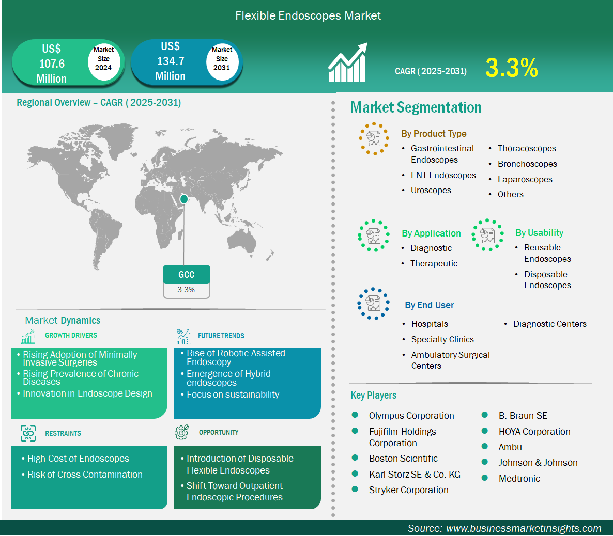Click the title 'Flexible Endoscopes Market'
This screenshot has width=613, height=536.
tap(308, 16)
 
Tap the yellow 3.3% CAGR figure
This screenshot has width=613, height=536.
tap(512, 68)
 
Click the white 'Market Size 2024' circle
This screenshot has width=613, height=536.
tap(103, 59)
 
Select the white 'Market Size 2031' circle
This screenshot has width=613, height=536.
tap(222, 59)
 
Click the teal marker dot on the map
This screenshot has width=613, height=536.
tap(183, 199)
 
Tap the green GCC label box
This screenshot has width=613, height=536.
tap(187, 275)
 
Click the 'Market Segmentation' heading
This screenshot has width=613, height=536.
tap(416, 107)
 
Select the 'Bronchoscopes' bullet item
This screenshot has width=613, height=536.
tap(527, 164)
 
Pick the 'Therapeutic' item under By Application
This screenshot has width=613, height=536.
tap(434, 264)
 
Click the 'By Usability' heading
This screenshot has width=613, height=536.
tap(539, 233)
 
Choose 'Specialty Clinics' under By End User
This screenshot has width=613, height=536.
tap(442, 340)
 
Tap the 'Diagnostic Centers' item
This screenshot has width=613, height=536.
tap(549, 324)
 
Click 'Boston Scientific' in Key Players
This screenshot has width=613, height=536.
tap(403, 459)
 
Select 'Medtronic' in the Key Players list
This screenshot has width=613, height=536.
tap(519, 479)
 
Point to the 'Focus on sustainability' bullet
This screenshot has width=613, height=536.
tap(233, 395)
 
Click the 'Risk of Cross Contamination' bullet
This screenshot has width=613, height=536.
tap(85, 475)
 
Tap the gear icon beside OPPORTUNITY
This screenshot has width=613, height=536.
tap(182, 432)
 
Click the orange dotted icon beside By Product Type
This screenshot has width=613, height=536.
tap(374, 138)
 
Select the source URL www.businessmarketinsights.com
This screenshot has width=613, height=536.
tap(524, 528)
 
